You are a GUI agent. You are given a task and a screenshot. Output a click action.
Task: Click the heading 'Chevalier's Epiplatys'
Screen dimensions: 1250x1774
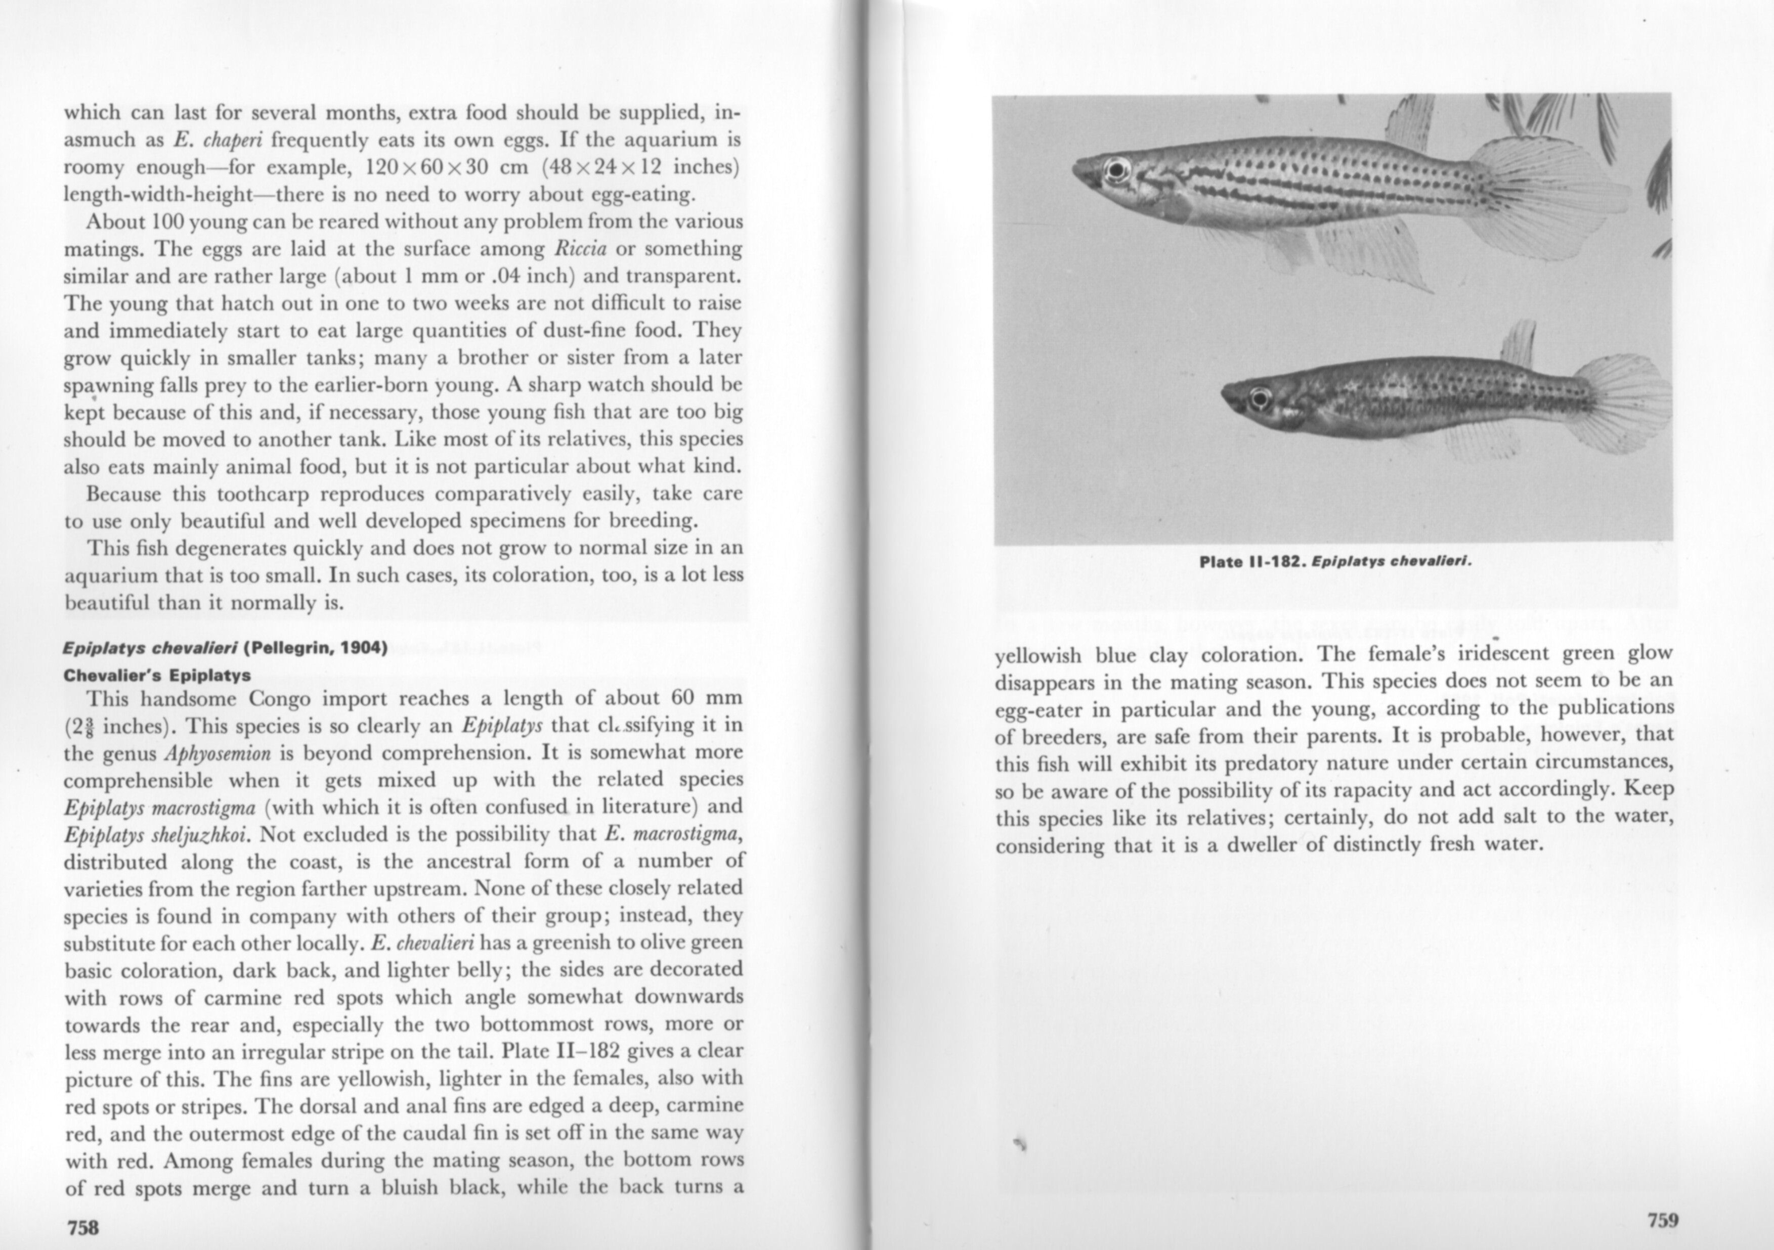[157, 675]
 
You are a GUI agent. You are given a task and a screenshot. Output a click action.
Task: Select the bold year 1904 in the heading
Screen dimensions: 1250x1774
[361, 647]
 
